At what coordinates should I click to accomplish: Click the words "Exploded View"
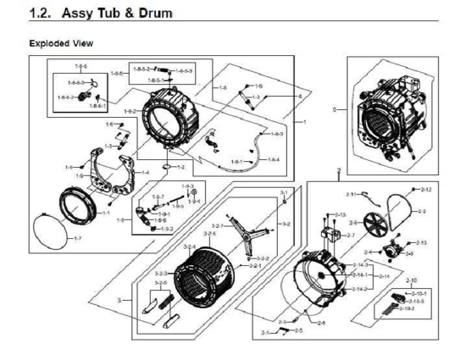[61, 42]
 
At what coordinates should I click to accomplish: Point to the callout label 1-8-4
[274, 160]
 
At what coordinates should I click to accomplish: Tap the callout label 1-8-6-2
[64, 98]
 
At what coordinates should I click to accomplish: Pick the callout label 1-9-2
[168, 229]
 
